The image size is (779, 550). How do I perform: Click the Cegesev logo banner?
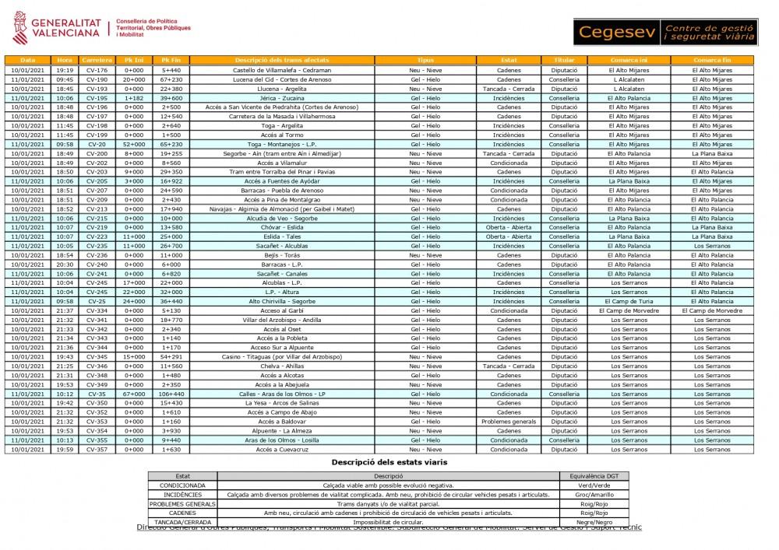(x=666, y=32)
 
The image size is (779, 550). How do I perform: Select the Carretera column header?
(x=97, y=60)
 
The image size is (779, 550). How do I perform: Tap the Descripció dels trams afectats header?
(x=281, y=60)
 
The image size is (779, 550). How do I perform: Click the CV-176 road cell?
(x=97, y=70)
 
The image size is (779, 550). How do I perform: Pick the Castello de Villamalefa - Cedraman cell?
(x=281, y=70)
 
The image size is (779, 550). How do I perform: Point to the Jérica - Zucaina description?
(x=281, y=98)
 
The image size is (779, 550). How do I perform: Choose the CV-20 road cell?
(x=97, y=144)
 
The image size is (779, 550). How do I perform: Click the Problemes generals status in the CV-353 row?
(x=509, y=422)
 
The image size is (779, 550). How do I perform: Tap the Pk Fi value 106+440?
(x=171, y=394)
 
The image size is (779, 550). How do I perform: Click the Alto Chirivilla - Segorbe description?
(x=281, y=301)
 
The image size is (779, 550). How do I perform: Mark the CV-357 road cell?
(x=97, y=449)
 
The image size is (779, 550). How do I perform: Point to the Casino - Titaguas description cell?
(x=281, y=356)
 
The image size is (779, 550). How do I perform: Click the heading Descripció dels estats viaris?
(x=389, y=462)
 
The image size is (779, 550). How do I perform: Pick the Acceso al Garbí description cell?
(x=281, y=310)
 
